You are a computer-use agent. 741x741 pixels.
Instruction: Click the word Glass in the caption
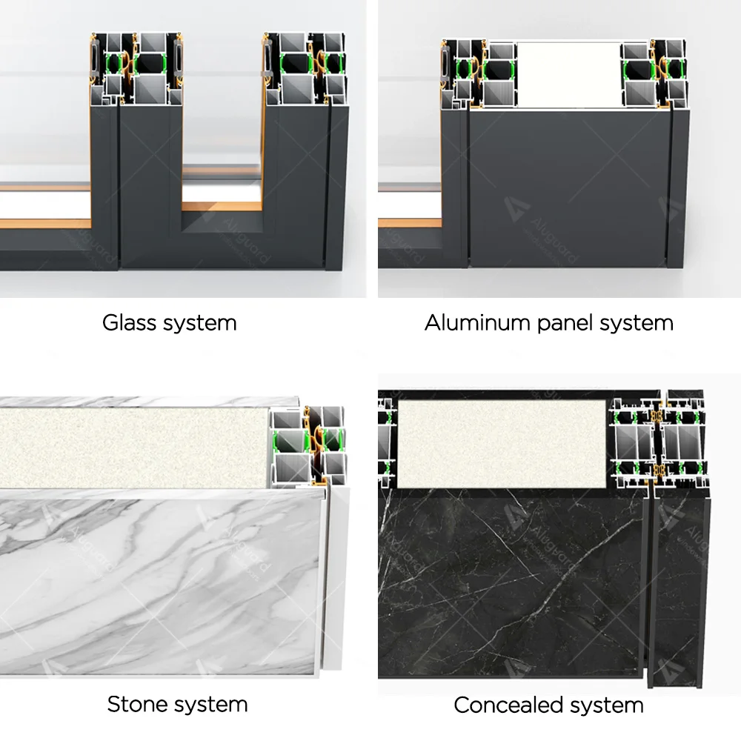(x=124, y=323)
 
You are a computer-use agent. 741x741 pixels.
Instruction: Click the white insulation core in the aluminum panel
(x=568, y=73)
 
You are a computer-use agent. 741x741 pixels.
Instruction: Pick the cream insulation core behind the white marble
(x=133, y=445)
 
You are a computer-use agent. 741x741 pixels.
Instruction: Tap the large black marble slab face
(x=511, y=585)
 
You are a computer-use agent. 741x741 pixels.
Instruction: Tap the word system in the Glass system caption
(x=200, y=323)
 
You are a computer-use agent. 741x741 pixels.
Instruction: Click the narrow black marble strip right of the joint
(x=677, y=585)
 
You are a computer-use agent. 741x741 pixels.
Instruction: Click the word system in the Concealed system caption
(x=607, y=704)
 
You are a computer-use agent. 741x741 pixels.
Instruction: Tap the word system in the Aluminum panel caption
(x=637, y=324)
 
